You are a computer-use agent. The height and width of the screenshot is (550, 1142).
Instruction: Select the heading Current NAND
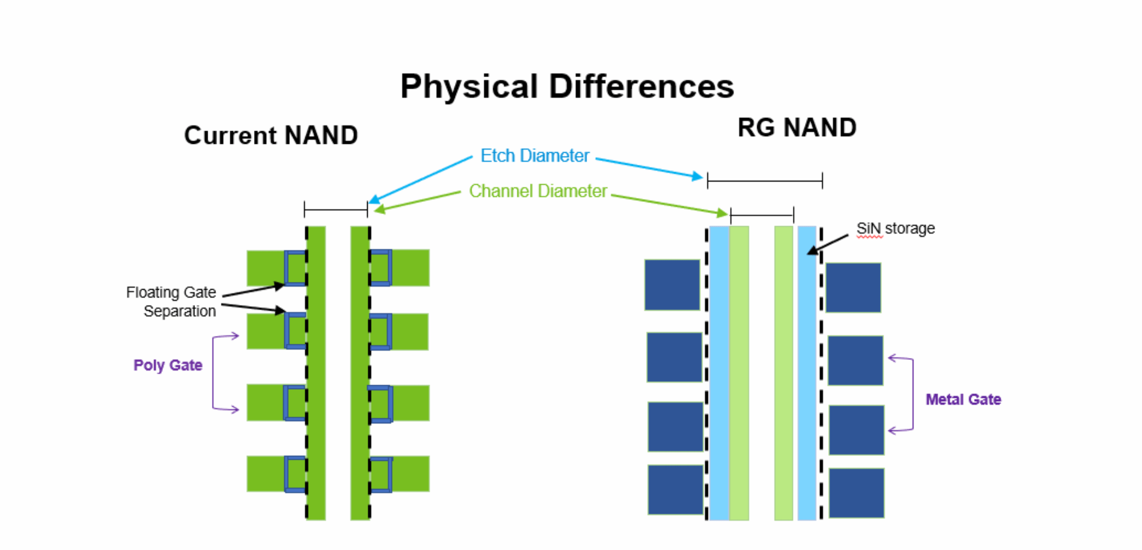tap(271, 135)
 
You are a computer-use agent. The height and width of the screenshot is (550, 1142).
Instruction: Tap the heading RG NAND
tap(797, 128)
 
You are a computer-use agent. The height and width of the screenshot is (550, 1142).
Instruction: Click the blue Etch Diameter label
tap(534, 156)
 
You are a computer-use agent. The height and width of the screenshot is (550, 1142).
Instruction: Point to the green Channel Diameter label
tap(537, 191)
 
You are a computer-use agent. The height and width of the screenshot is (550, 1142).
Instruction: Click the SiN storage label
tap(895, 228)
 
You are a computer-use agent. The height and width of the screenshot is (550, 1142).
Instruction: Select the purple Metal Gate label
tap(963, 399)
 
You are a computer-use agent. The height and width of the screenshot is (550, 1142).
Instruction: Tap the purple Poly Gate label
tap(168, 365)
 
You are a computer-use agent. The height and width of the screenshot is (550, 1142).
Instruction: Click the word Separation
tap(179, 311)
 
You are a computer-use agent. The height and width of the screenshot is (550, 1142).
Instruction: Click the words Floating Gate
tap(171, 292)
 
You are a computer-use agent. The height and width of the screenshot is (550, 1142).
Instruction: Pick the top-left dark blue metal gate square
tap(672, 285)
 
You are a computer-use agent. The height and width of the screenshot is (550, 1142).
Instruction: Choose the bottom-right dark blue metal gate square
tap(856, 492)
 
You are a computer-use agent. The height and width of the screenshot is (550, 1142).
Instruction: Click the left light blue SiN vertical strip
tap(719, 373)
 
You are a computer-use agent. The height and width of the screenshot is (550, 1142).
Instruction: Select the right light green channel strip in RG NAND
tap(783, 373)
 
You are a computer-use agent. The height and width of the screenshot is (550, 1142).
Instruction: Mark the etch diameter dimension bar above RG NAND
tap(765, 181)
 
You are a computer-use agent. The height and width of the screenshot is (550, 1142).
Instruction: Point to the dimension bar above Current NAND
tap(335, 210)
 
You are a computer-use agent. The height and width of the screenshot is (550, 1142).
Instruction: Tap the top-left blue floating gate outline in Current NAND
tap(295, 268)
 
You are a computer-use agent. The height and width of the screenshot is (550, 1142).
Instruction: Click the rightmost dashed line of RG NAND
tap(821, 373)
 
